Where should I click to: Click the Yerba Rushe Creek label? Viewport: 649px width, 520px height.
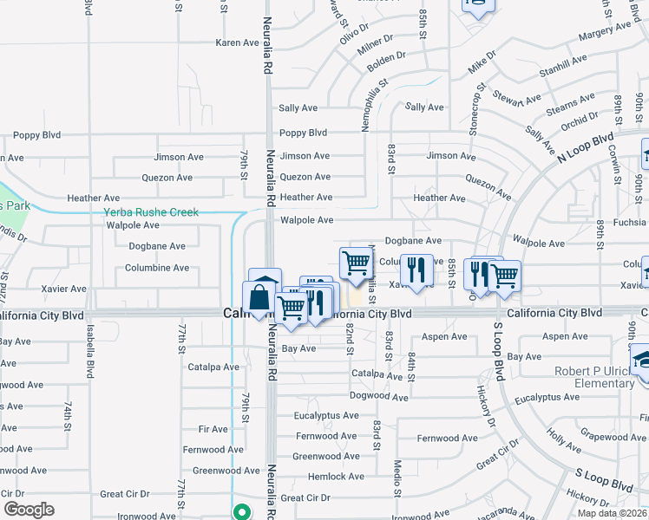point(151,212)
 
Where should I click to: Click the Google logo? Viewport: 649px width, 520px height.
point(29,510)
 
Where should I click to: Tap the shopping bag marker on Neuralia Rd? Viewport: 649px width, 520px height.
point(259,299)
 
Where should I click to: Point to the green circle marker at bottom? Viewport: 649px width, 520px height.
point(244,511)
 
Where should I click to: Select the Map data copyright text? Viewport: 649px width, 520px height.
point(611,513)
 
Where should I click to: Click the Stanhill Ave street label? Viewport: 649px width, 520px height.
point(563,66)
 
